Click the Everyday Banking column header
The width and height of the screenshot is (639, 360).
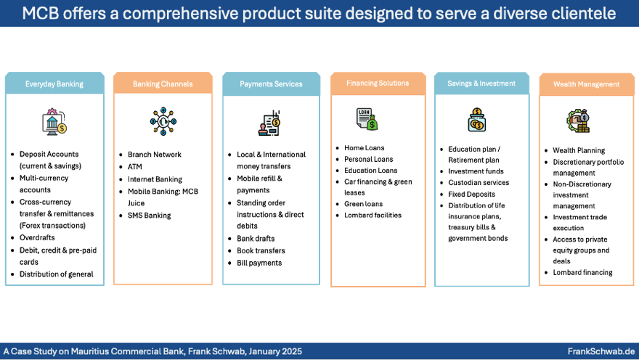54,83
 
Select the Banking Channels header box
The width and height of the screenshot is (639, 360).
163,83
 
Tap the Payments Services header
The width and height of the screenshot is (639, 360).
271,83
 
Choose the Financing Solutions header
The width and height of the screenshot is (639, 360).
378,83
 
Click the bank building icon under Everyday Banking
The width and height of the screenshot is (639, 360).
54,120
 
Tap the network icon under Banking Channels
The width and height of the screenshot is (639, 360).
162,120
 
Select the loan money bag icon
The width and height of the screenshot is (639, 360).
367,118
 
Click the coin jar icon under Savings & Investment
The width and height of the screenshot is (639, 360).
477,119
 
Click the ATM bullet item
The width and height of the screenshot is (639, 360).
135,167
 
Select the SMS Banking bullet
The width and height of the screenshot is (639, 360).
149,216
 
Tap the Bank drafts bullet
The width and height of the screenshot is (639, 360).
256,239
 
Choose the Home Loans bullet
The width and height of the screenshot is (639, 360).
364,148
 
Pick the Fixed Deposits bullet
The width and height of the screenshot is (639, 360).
471,195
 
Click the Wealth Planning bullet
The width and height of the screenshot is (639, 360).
579,151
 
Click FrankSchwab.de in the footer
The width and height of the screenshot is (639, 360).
601,351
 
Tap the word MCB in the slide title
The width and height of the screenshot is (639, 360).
40,13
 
